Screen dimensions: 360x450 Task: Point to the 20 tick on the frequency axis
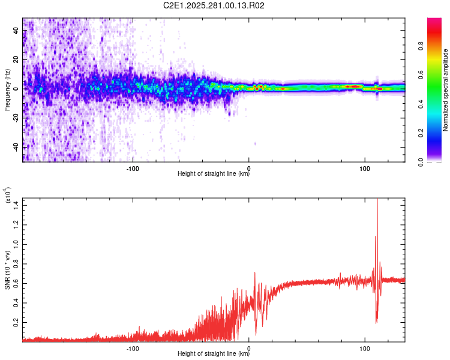(16, 60)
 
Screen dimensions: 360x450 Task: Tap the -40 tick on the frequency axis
(16, 147)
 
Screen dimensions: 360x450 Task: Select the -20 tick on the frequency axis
(16, 118)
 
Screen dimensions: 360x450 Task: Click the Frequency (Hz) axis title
(7, 90)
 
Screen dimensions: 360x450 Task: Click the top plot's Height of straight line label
(214, 174)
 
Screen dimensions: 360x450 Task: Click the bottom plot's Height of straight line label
(214, 354)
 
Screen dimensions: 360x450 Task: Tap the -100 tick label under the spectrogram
(133, 168)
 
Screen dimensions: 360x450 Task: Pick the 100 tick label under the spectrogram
(364, 168)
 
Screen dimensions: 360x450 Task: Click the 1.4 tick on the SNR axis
(16, 206)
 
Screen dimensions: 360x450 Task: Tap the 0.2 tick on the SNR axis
(16, 322)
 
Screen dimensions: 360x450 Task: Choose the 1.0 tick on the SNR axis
(16, 245)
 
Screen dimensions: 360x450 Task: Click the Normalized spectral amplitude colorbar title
(445, 90)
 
